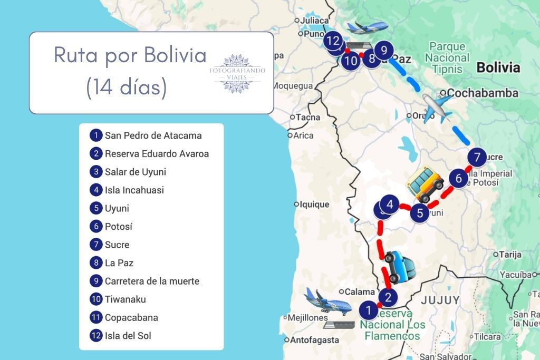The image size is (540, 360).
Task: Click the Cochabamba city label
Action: [x=483, y=93]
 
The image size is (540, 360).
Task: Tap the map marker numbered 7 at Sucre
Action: [x=477, y=157]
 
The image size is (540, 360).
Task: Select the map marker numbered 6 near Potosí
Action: [x=458, y=179]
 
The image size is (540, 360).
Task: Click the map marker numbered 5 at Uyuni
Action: [x=420, y=213]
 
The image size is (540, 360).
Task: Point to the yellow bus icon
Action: [x=425, y=184]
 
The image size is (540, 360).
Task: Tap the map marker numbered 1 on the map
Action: [x=369, y=309]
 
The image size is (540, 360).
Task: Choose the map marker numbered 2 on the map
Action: [x=388, y=298]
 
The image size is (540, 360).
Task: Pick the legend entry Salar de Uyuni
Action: [x=136, y=172]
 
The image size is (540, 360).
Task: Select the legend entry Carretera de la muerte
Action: [x=152, y=281]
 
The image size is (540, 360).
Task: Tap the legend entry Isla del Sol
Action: [x=128, y=335]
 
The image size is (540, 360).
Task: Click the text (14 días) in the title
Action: [x=126, y=87]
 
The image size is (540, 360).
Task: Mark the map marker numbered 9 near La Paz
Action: [x=384, y=51]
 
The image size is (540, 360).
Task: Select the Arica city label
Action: [x=303, y=135]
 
